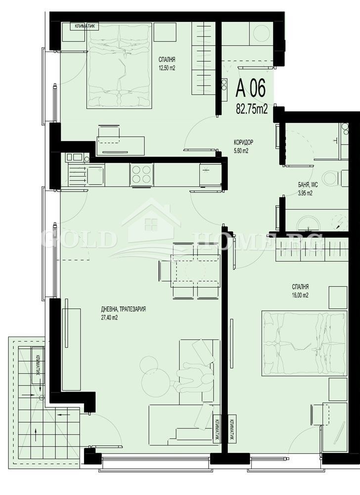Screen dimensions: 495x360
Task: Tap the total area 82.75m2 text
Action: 251,109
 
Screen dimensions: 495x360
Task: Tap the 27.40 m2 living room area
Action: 110,318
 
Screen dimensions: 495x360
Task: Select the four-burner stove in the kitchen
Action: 141,174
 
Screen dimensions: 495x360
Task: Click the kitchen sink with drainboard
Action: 86,175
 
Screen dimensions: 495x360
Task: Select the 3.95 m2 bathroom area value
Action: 305,194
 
